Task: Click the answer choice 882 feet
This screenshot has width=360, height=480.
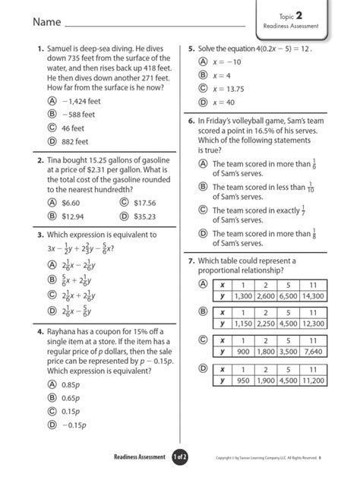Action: [x=74, y=141]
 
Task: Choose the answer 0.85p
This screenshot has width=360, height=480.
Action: [x=71, y=384]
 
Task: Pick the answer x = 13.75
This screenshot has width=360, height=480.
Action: [x=229, y=88]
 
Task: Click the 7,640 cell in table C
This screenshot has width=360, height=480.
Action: [x=311, y=352]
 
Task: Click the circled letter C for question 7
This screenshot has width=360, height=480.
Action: [x=203, y=339]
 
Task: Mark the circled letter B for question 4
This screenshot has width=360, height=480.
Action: [x=52, y=398]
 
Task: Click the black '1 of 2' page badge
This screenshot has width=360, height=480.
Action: [x=179, y=456]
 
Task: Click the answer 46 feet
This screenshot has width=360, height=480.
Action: [x=72, y=128]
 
